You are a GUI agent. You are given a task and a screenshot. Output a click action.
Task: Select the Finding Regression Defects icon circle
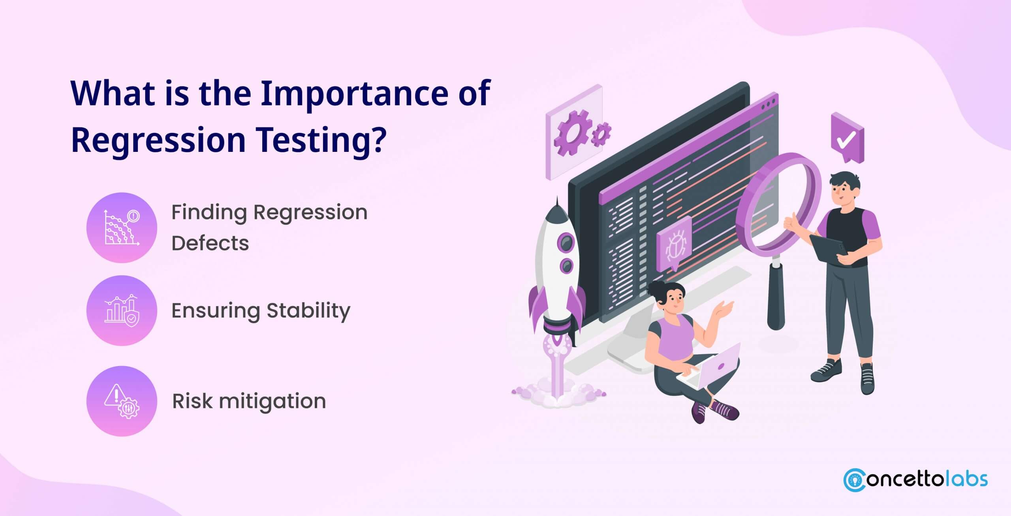click(122, 228)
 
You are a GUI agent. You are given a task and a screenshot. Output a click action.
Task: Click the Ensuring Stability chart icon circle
click(122, 310)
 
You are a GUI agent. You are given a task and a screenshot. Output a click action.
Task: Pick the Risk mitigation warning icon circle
click(122, 401)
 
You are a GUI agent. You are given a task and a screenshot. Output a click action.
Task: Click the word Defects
click(210, 243)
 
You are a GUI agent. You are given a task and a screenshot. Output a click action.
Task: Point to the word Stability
click(308, 311)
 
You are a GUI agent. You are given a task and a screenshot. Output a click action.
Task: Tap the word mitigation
click(272, 402)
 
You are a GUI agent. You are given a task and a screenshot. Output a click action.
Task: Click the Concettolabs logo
click(915, 480)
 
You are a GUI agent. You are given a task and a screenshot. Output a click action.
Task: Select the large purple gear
click(571, 133)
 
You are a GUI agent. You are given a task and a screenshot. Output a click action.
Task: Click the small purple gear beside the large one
click(601, 134)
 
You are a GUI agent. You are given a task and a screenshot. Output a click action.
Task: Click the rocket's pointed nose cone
click(557, 207)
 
